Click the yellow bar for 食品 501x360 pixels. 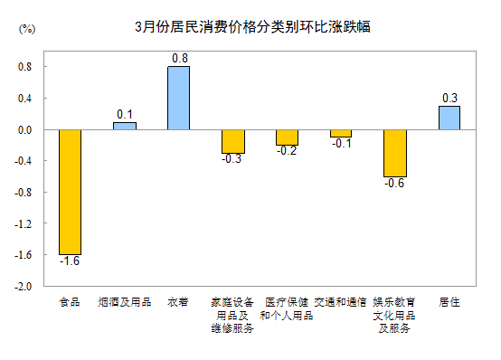(70, 192)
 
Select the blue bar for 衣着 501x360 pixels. (178, 98)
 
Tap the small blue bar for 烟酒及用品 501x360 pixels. (124, 126)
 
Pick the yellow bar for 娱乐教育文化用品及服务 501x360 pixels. (395, 153)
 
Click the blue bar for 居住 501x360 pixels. (449, 118)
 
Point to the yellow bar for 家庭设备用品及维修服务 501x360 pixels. (232, 141)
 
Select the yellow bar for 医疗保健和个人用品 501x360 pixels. (287, 137)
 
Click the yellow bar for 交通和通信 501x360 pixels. (341, 133)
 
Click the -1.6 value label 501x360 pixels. (70, 261)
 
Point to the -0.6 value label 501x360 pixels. (395, 184)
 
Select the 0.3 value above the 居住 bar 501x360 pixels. (449, 98)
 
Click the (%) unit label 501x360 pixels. (27, 29)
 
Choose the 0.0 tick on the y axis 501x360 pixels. (24, 129)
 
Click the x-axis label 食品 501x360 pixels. (70, 302)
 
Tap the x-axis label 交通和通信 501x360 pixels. (341, 302)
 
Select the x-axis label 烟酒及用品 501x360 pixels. (124, 302)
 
